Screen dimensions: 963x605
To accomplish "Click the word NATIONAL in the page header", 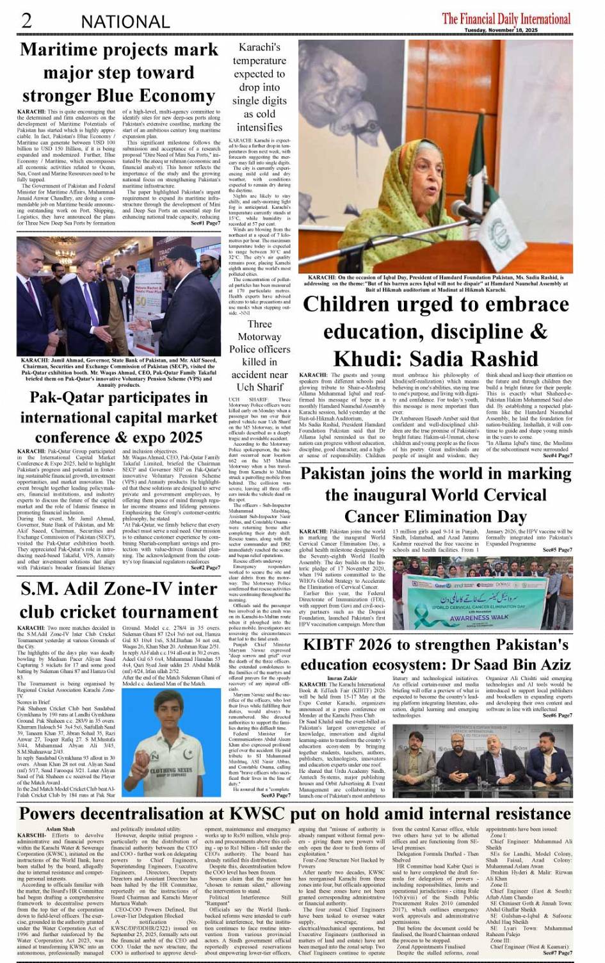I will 125,22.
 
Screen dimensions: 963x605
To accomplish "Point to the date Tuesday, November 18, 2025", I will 501,30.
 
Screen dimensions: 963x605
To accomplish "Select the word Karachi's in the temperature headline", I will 259,47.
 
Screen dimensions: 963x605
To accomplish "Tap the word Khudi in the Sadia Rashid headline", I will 372,359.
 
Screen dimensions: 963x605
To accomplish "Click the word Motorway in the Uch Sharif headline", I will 259,337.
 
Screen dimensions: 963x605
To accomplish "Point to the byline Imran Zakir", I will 343,678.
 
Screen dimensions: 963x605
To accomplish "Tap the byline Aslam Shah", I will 60,829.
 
